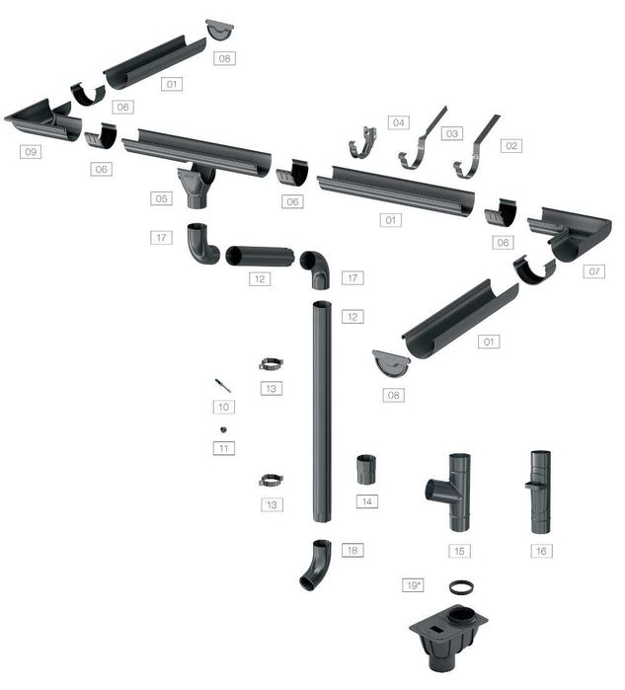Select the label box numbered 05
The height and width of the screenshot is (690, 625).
click(x=163, y=198)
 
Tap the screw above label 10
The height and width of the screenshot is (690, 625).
click(x=222, y=384)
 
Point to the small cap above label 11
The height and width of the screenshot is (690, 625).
click(x=224, y=429)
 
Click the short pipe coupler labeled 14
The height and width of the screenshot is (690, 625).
click(x=366, y=470)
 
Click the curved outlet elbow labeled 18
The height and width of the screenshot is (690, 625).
click(x=316, y=565)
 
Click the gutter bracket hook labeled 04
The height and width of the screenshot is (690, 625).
click(x=363, y=143)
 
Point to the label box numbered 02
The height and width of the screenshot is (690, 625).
click(x=510, y=145)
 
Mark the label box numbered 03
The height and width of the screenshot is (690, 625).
click(x=452, y=132)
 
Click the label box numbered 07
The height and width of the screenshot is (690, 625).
click(x=592, y=270)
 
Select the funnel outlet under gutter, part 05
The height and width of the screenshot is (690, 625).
click(x=198, y=185)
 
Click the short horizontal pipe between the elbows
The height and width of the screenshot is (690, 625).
click(x=260, y=257)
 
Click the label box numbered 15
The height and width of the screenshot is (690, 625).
click(x=459, y=550)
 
